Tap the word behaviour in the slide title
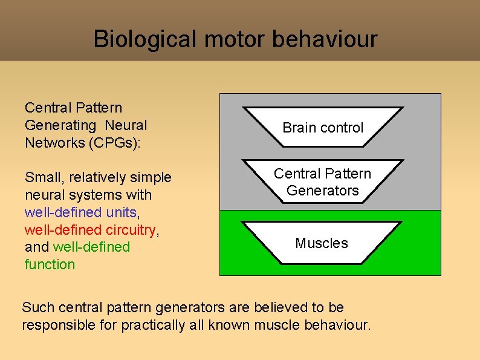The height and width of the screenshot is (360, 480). (325, 39)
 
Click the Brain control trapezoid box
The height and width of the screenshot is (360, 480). (323, 128)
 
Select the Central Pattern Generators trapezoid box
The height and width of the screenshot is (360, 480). (322, 182)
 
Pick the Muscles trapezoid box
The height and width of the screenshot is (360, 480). (322, 243)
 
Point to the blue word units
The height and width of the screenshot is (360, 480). (122, 213)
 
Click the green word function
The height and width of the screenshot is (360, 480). (50, 264)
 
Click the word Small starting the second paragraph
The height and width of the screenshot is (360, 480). (44, 178)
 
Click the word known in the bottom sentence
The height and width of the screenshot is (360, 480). (229, 325)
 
